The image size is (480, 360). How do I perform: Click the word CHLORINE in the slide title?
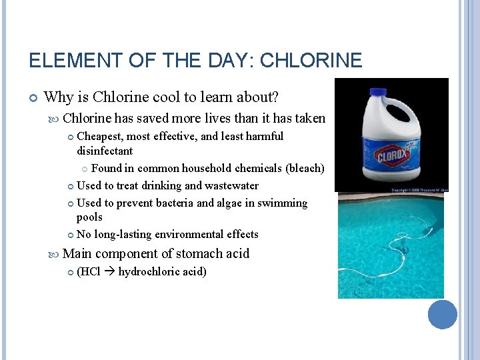click(311, 61)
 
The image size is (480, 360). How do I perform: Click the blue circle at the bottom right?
click(442, 314)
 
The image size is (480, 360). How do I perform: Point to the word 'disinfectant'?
click(105, 151)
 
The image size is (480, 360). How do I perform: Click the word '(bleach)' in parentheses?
click(305, 168)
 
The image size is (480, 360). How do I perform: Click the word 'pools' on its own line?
click(89, 217)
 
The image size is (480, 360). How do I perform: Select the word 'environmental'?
click(187, 235)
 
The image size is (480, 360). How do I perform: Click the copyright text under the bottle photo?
click(419, 190)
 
